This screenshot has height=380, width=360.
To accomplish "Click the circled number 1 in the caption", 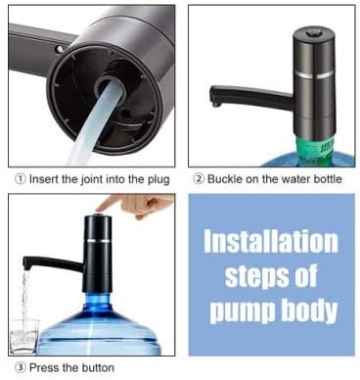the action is [x=21, y=179].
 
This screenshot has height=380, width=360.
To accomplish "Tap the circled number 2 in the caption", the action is [x=199, y=179].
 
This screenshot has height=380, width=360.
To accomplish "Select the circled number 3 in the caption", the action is [x=21, y=368].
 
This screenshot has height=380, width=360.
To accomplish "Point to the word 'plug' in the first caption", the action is [x=159, y=180].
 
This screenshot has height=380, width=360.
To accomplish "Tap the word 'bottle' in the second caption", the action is [x=328, y=179].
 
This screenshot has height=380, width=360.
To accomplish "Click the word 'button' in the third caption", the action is [x=98, y=368].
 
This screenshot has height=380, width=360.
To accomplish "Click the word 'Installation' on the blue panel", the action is [x=271, y=242].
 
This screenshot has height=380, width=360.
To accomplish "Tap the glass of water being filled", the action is [x=24, y=336].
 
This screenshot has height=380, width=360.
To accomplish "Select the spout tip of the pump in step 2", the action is [x=215, y=104].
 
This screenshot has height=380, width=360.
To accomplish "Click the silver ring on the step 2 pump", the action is [x=314, y=75].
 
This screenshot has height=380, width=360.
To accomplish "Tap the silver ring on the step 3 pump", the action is [x=98, y=240].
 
